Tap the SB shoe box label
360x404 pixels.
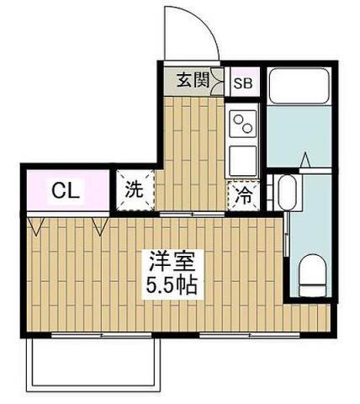click(242, 82)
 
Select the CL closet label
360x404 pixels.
click(64, 190)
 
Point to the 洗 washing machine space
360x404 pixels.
click(134, 189)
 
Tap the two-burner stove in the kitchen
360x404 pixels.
click(242, 125)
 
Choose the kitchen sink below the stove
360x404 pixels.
click(242, 157)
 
